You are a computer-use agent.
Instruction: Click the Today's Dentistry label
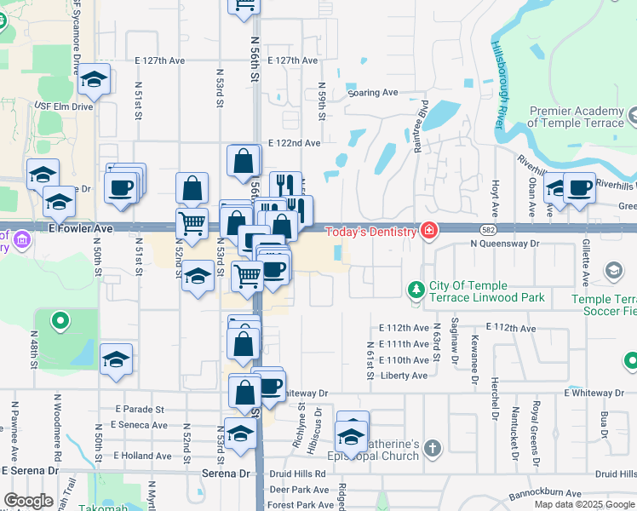point(370,232)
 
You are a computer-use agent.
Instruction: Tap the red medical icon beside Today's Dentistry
point(430,231)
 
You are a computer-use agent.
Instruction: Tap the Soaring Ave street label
point(372,92)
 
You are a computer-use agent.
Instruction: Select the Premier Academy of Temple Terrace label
point(581,117)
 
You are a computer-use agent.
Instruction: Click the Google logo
point(28,501)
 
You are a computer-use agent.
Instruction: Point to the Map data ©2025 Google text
point(584,504)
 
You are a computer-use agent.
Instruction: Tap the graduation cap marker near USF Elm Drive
point(94,81)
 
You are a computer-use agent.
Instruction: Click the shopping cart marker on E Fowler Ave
point(192,224)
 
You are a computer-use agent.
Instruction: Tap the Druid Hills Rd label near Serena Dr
point(297,474)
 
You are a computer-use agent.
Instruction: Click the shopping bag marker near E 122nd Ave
point(244,160)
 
